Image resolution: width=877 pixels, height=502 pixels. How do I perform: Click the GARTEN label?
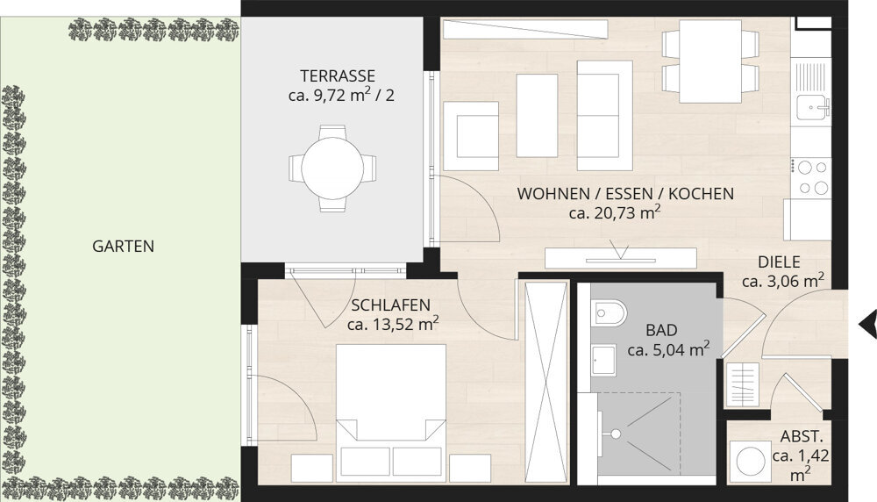pyautogui.click(x=123, y=247)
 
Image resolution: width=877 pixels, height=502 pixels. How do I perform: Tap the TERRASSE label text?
pyautogui.click(x=337, y=75)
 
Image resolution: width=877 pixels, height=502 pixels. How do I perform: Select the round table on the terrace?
pyautogui.click(x=332, y=168)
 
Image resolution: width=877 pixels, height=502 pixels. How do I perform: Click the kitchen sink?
pyautogui.click(x=811, y=108)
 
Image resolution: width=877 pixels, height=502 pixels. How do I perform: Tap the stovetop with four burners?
pyautogui.click(x=810, y=176)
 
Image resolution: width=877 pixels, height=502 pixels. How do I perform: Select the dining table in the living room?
pyautogui.click(x=711, y=59)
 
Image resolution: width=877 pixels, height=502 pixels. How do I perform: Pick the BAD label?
pyautogui.click(x=661, y=331)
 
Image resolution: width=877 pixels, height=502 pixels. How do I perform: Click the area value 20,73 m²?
pyautogui.click(x=615, y=212)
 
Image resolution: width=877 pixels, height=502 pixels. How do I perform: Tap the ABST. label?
pyautogui.click(x=801, y=437)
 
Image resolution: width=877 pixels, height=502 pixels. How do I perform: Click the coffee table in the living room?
pyautogui.click(x=537, y=115)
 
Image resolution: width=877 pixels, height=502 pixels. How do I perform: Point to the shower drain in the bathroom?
pyautogui.click(x=617, y=433)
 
